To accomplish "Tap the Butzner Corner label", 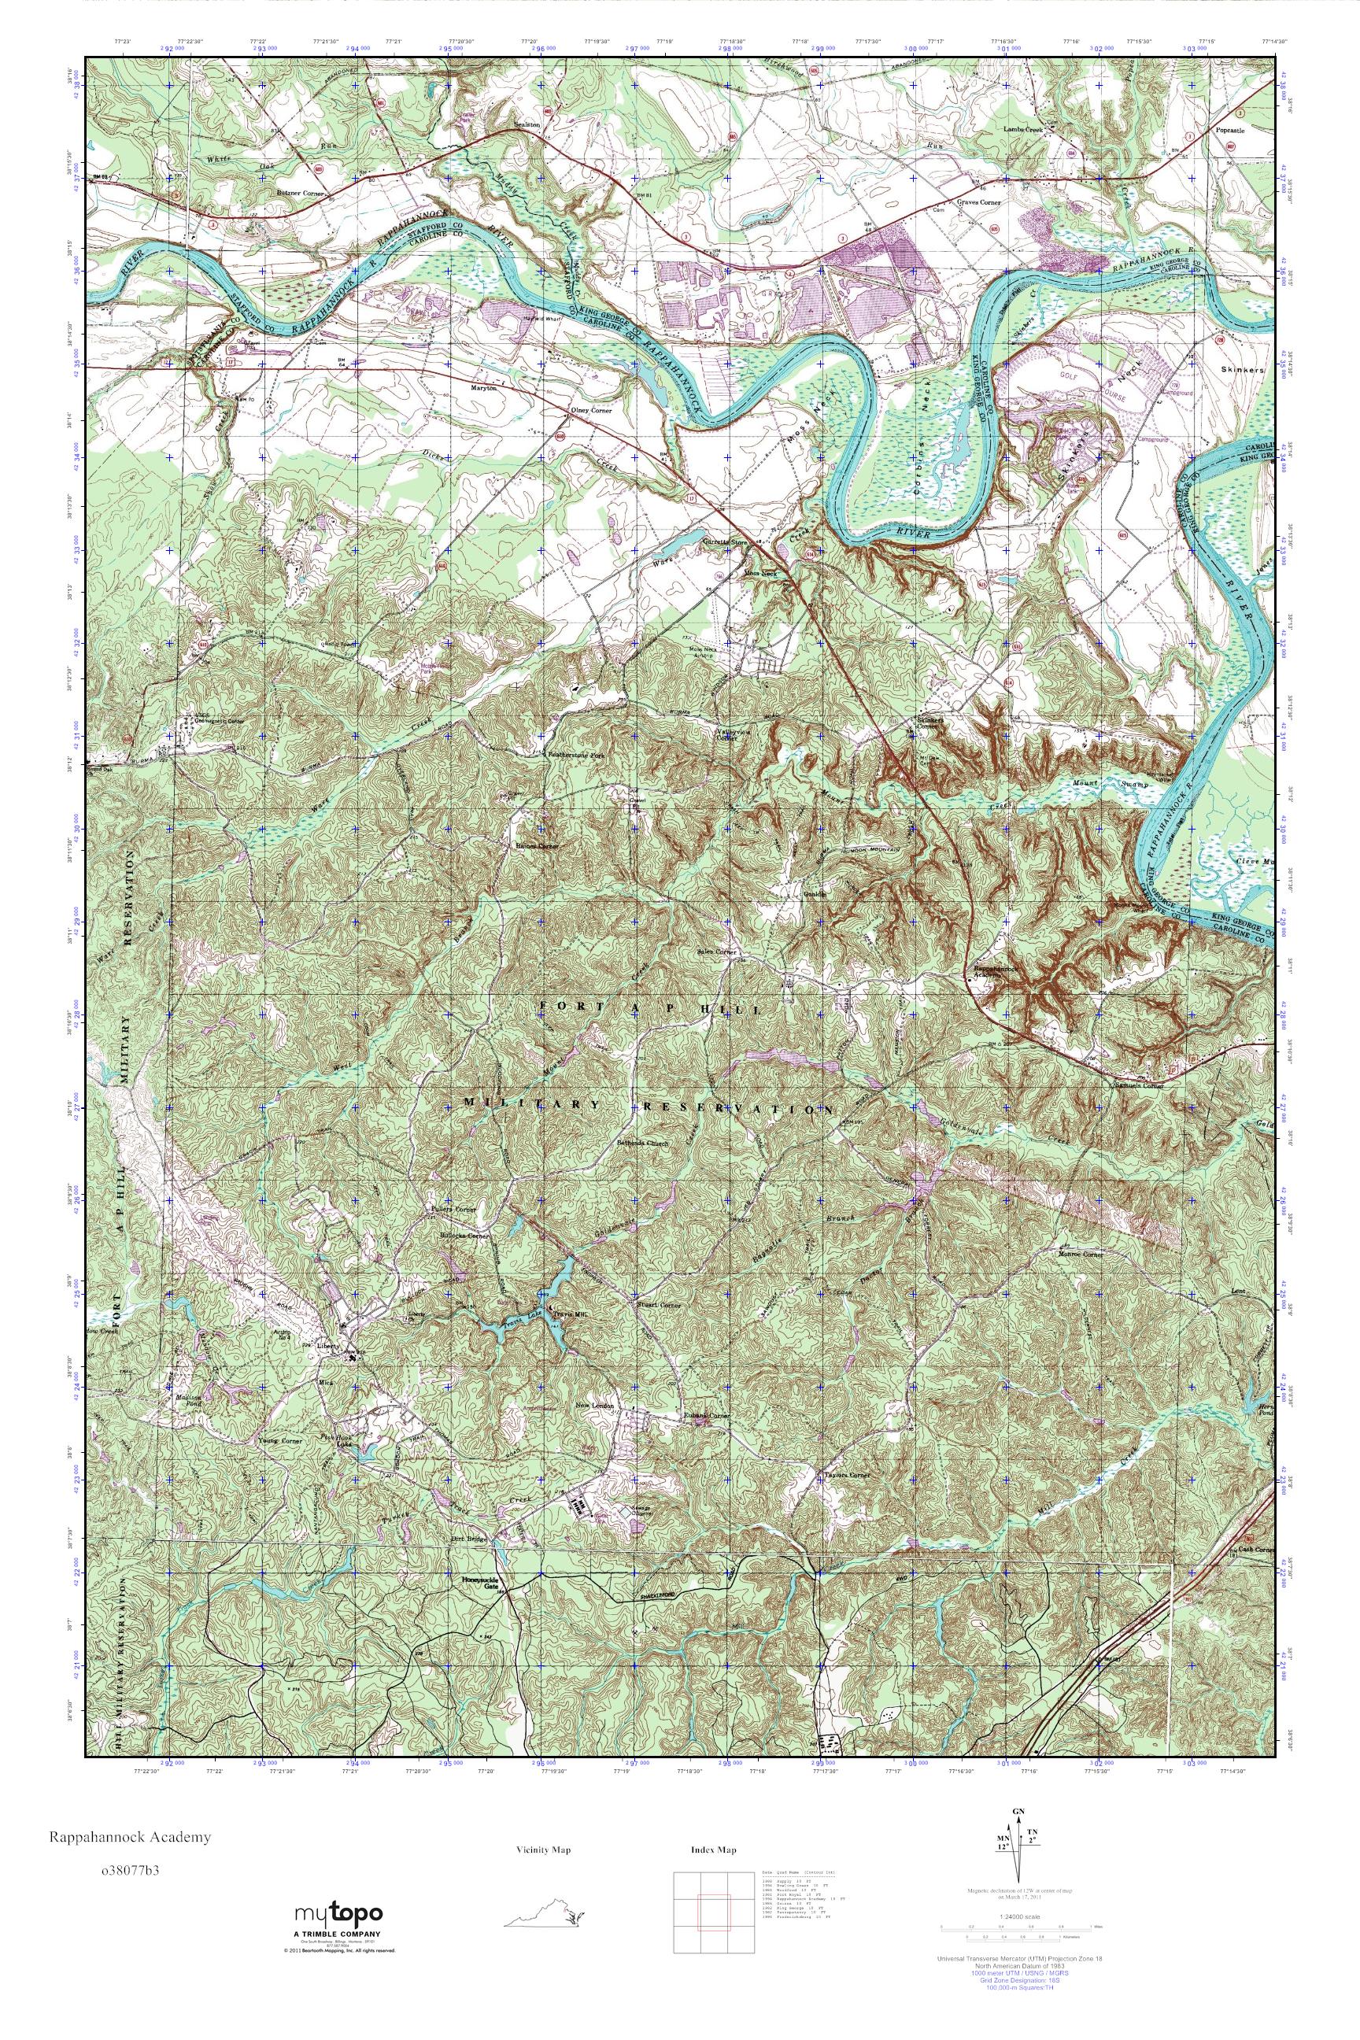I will click(x=297, y=195).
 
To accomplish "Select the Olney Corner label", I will click(x=589, y=410).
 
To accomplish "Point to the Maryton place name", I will click(x=483, y=389).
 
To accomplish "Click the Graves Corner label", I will click(x=978, y=202).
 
